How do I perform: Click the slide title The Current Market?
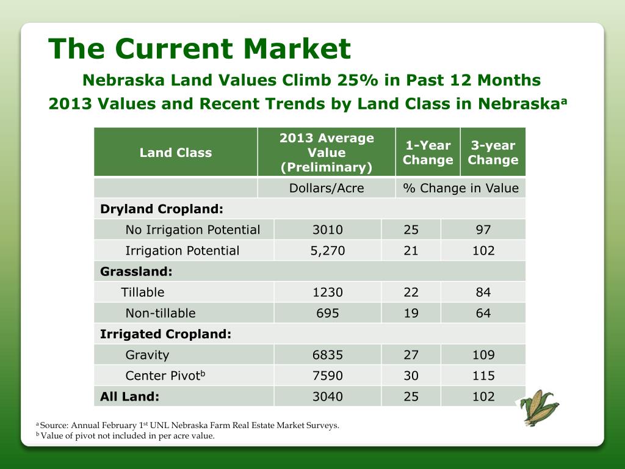(200, 49)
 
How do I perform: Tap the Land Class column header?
(176, 153)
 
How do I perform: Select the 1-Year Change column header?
(428, 153)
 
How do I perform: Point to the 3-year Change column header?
(493, 153)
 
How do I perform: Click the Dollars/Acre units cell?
(327, 188)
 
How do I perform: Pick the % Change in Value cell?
(461, 188)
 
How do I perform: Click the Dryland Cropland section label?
(162, 209)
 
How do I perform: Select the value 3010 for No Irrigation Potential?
(328, 230)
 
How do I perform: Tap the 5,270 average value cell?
(328, 250)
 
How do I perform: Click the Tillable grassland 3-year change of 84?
(483, 293)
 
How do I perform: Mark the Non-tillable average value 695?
(328, 313)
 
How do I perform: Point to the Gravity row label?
(147, 355)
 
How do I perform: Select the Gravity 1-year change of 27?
(411, 355)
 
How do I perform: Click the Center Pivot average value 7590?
(328, 376)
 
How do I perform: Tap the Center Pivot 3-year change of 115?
(483, 376)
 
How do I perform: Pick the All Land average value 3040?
(328, 396)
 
